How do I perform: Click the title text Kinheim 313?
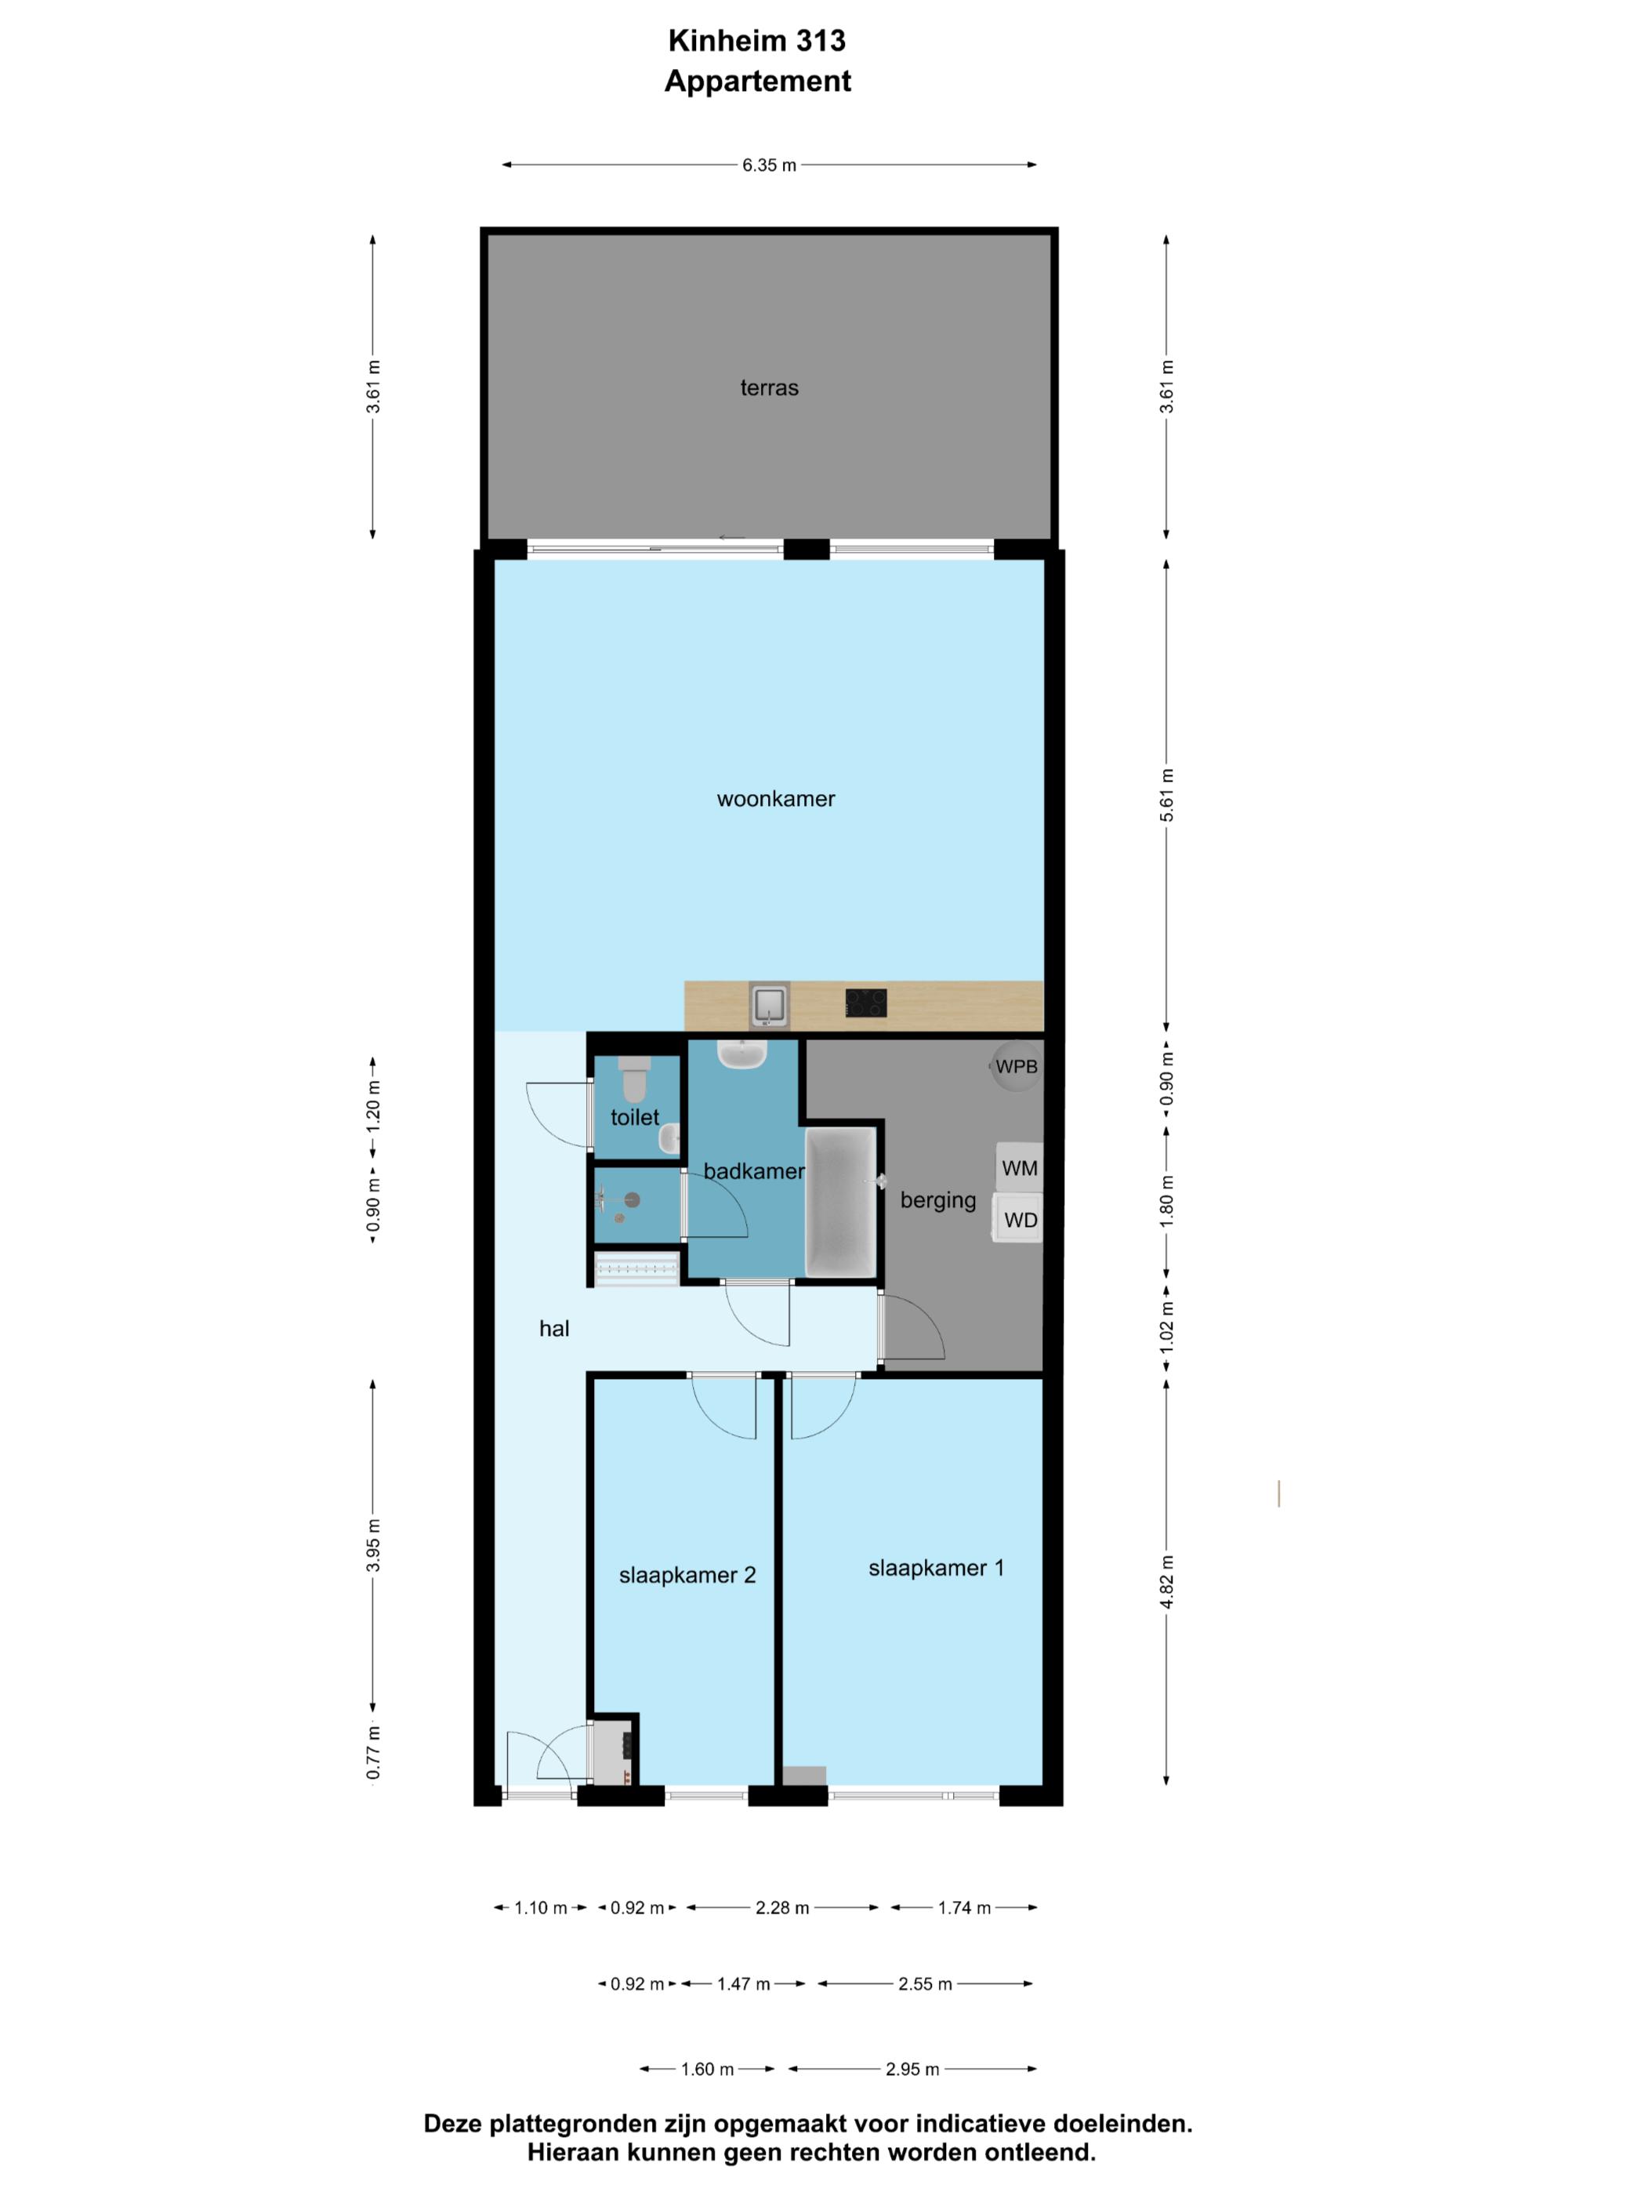(757, 41)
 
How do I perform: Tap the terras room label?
(769, 388)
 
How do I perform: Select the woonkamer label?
(776, 799)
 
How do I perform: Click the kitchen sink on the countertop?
(769, 1005)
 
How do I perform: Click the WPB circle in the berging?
(1016, 1067)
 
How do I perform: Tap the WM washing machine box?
(1019, 1168)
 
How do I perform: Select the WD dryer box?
(1019, 1220)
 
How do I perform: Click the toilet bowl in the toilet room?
(635, 1080)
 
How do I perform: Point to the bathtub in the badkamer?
(841, 1202)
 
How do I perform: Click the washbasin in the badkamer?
(742, 1055)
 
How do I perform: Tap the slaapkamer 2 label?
(687, 1576)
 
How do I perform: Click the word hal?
(553, 1329)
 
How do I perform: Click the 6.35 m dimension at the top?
(769, 165)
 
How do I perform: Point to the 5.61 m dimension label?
(1167, 795)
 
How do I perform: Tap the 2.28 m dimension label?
(781, 1907)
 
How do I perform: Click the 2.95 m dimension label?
(912, 2069)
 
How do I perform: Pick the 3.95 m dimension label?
(373, 1545)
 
